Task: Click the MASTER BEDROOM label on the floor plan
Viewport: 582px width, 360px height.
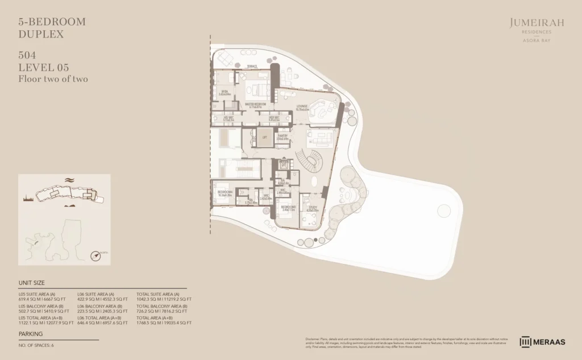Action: tap(255, 105)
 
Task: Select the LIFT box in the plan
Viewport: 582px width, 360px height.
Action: tap(264, 137)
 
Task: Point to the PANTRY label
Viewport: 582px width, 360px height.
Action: tap(282, 136)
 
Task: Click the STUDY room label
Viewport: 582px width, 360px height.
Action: tap(313, 209)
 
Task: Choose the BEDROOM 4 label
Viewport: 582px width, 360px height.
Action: tap(225, 193)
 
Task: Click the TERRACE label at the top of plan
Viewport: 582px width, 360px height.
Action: tap(252, 67)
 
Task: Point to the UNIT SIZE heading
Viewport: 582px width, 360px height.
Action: tap(32, 283)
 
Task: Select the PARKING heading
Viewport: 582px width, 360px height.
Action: tap(31, 334)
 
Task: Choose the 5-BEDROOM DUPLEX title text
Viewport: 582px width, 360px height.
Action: tap(52, 28)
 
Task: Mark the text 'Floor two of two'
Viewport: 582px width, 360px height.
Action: tap(53, 79)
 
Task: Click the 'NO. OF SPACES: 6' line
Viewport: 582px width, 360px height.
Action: tap(37, 345)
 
